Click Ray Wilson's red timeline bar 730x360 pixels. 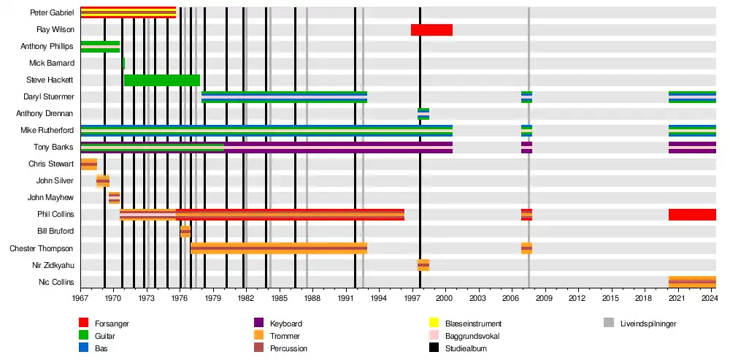coord(431,30)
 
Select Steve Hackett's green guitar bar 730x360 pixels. coord(161,80)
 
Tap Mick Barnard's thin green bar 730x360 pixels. coord(123,64)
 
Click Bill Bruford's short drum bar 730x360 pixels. coord(185,231)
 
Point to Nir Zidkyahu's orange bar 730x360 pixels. coord(423,265)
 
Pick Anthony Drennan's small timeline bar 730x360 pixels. coord(423,114)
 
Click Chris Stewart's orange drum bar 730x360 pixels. coord(88,164)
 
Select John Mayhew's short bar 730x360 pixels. coord(114,198)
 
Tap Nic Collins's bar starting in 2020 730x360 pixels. coord(692,282)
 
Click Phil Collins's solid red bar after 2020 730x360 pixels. coord(692,215)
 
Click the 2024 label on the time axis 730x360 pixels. coord(710,299)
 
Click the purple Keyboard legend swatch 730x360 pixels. coord(258,323)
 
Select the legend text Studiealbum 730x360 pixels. coord(466,349)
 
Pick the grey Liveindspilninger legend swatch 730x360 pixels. coord(609,323)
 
